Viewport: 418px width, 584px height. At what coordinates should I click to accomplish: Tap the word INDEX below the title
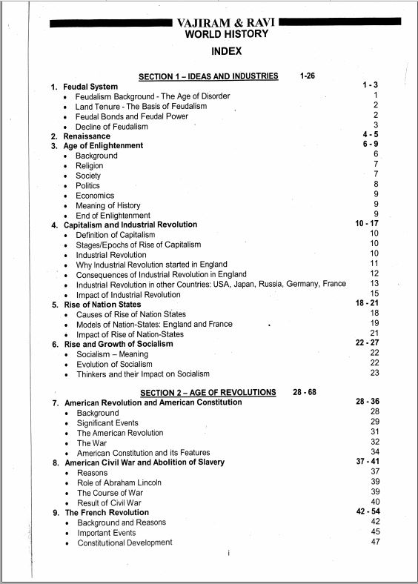click(226, 51)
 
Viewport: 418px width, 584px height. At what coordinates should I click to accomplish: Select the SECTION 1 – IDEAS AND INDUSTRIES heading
click(208, 76)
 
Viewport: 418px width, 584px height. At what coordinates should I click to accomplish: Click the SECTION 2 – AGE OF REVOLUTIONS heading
click(207, 392)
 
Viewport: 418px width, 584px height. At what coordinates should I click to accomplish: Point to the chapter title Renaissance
click(87, 136)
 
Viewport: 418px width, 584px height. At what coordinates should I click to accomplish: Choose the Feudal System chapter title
click(90, 87)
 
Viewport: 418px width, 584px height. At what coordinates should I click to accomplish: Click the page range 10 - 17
click(368, 223)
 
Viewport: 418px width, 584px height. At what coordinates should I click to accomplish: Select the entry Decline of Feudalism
click(112, 127)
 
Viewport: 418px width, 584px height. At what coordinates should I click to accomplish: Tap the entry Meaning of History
click(107, 205)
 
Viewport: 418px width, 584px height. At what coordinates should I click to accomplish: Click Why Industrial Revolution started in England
click(152, 265)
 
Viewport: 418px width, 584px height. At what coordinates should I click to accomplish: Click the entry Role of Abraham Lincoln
click(119, 482)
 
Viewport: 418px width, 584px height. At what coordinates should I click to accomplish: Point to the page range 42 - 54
click(368, 512)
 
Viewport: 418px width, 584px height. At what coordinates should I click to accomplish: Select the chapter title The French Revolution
click(107, 512)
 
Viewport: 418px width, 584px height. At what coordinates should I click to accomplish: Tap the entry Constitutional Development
click(125, 542)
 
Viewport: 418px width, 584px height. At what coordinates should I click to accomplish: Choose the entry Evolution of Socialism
click(114, 364)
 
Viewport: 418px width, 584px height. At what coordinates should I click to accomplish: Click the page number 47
click(375, 542)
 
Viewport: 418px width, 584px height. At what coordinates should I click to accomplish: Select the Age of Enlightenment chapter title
click(103, 146)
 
